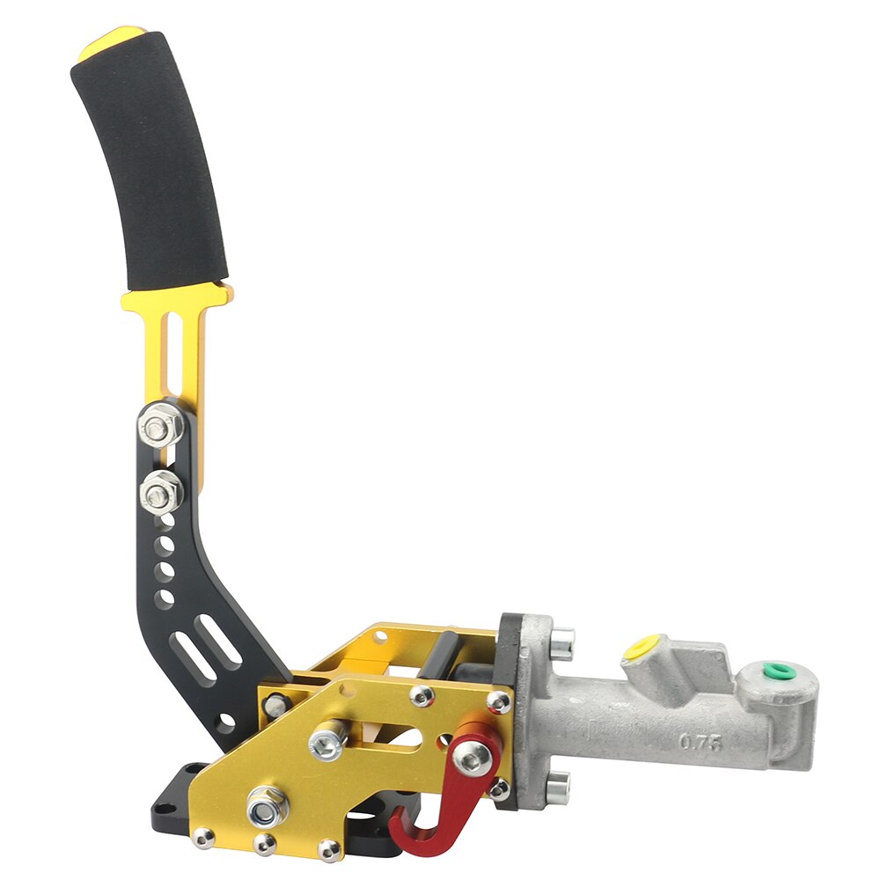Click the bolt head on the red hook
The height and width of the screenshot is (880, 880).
(x=473, y=753)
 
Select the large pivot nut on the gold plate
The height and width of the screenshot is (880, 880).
(x=265, y=804)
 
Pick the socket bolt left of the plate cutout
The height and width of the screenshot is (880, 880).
(x=326, y=741)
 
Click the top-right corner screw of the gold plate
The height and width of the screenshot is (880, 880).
(x=498, y=700)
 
